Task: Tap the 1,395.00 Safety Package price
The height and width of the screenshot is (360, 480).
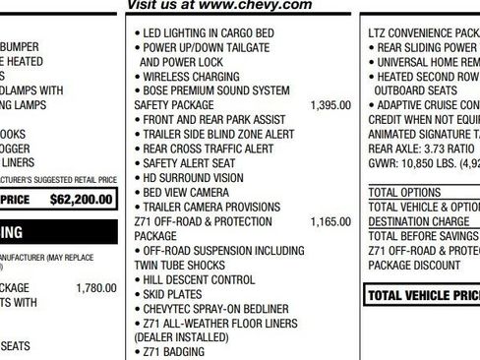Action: [x=330, y=104]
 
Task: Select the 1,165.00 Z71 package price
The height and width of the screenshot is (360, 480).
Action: [x=330, y=222]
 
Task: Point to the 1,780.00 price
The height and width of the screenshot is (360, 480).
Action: [x=95, y=288]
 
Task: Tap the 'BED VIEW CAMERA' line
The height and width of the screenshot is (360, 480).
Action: [x=186, y=193]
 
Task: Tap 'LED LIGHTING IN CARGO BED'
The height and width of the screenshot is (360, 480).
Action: [x=207, y=32]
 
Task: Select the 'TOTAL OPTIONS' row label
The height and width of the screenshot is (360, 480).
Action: [x=404, y=192]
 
